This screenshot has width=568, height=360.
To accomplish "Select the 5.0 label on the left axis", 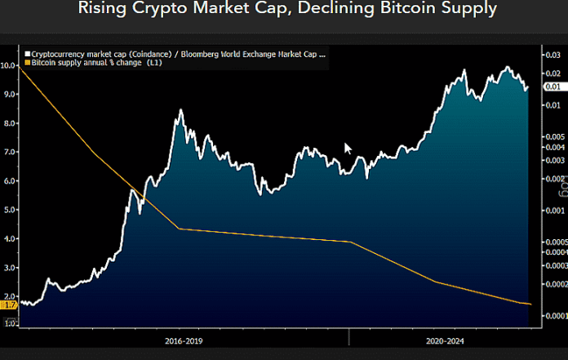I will [x=10, y=210].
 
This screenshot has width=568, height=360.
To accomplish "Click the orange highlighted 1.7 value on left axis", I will [x=9, y=304].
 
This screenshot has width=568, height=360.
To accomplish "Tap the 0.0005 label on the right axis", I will [x=556, y=242].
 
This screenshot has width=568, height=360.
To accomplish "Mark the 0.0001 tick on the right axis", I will [x=556, y=315].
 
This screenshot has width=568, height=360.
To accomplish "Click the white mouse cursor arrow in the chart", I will [x=348, y=148].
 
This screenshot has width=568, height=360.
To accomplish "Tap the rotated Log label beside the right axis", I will [x=561, y=189].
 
